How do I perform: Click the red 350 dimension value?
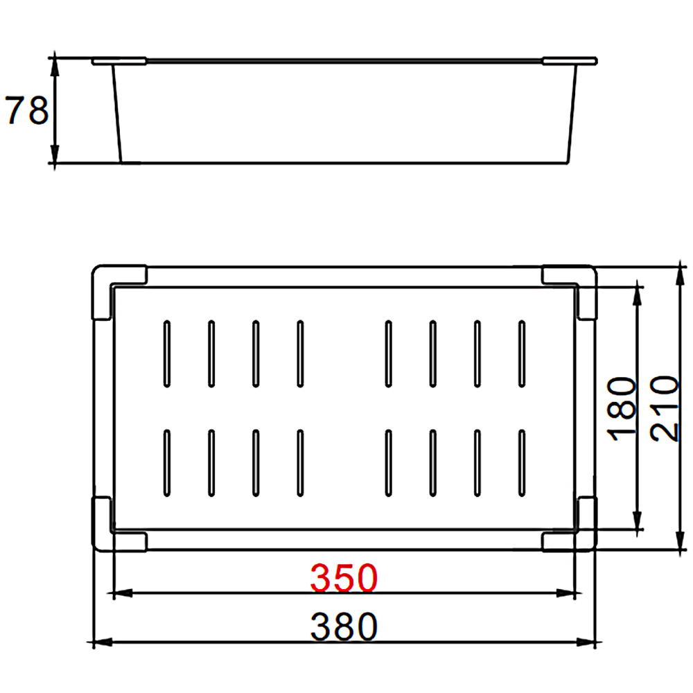coord(344,578)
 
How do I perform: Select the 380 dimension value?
coord(344,627)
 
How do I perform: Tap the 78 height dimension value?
coord(27,111)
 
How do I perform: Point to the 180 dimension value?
coord(622,406)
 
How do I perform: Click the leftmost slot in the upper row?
coord(166,353)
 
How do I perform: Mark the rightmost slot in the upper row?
coord(521,353)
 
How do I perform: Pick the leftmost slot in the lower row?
coord(166,464)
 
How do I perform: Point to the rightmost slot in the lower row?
coord(521,464)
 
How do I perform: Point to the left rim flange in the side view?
coord(119,61)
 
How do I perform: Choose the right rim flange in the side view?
coord(570,61)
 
